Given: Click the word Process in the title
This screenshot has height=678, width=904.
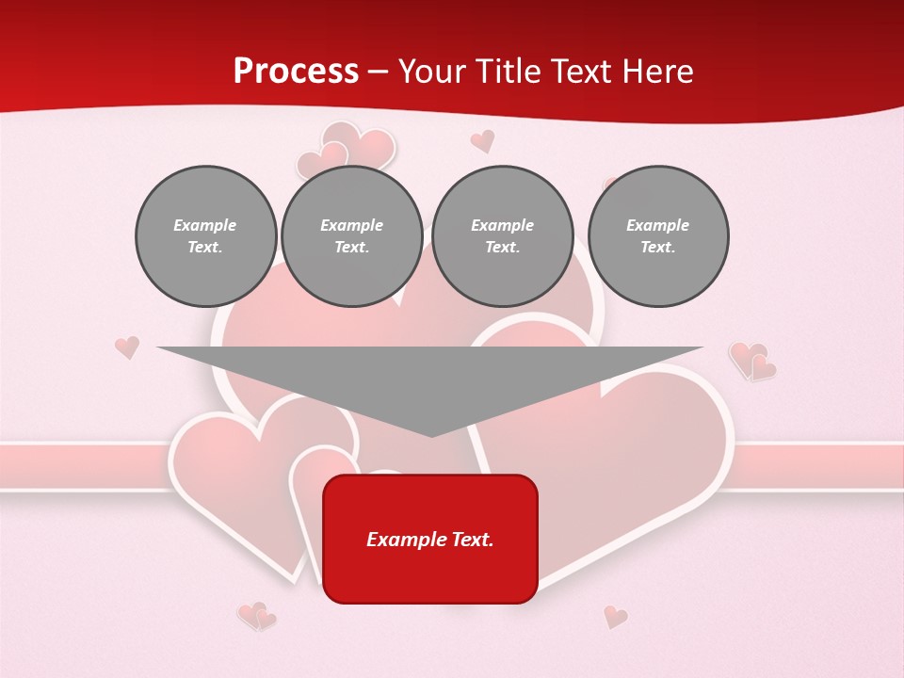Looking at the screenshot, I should coord(296,72).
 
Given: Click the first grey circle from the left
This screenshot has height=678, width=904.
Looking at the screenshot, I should coord(206,236).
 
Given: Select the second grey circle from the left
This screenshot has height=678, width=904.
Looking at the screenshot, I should coord(352,236).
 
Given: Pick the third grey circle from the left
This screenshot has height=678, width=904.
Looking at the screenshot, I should coord(503,236).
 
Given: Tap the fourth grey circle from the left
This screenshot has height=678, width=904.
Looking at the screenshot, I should coord(658,236).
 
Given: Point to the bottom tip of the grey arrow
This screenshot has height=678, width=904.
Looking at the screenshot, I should coord(431,434).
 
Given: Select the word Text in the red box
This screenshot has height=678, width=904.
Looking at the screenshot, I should coord(474,540).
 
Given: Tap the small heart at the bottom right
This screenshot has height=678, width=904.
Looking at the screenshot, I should coord(615,617).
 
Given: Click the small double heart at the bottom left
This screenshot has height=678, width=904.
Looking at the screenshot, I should coord(256,616).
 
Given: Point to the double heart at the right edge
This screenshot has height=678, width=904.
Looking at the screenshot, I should coord(752,362).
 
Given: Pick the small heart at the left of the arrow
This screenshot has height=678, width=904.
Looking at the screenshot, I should coord(127,347).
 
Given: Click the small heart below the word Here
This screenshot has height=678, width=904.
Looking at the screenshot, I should coord(482,141).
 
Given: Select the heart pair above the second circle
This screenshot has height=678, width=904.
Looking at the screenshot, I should coord(345,151).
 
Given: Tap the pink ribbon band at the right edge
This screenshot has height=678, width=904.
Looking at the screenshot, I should coord(819,465).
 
